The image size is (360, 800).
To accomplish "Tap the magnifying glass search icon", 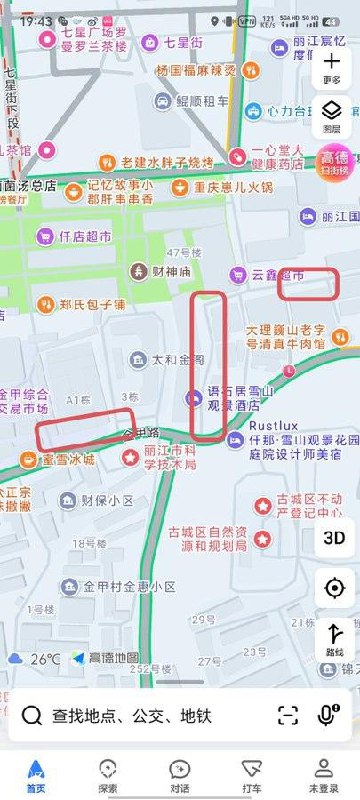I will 32,715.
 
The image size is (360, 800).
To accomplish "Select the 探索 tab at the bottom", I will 108,772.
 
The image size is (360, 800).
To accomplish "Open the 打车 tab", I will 251,772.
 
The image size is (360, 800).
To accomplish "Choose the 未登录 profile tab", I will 323,772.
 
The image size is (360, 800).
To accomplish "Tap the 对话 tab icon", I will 180,772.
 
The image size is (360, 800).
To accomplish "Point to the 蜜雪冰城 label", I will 66,460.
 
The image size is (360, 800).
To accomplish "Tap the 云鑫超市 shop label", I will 272,274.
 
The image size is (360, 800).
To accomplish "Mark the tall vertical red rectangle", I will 208,365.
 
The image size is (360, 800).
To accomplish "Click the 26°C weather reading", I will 44,659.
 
